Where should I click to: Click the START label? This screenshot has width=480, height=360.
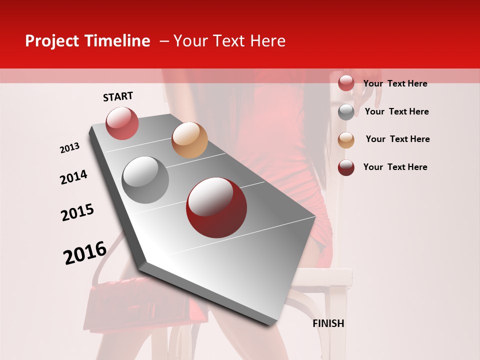tap(118, 96)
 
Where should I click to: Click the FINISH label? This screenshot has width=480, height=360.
tap(328, 323)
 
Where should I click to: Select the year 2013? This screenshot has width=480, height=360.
tap(70, 148)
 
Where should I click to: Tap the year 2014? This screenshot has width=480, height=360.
tap(73, 177)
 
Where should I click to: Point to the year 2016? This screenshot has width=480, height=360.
tap(85, 253)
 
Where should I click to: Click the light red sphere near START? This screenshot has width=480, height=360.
tap(122, 123)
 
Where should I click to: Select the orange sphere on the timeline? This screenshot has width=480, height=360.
tap(189, 140)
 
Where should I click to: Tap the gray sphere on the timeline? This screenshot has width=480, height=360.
tap(145, 180)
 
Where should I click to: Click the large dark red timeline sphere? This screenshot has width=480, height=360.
tap(216, 207)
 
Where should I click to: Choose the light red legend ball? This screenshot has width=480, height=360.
tap(346, 83)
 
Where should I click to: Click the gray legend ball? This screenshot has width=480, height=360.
tap(346, 112)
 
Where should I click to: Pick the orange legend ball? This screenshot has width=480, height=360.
tap(346, 140)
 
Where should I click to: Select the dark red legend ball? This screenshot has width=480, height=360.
tap(346, 167)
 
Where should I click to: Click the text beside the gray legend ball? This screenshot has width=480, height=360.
tap(397, 111)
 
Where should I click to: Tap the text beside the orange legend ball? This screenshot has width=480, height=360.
tap(397, 139)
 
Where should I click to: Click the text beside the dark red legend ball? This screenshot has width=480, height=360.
tap(395, 167)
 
